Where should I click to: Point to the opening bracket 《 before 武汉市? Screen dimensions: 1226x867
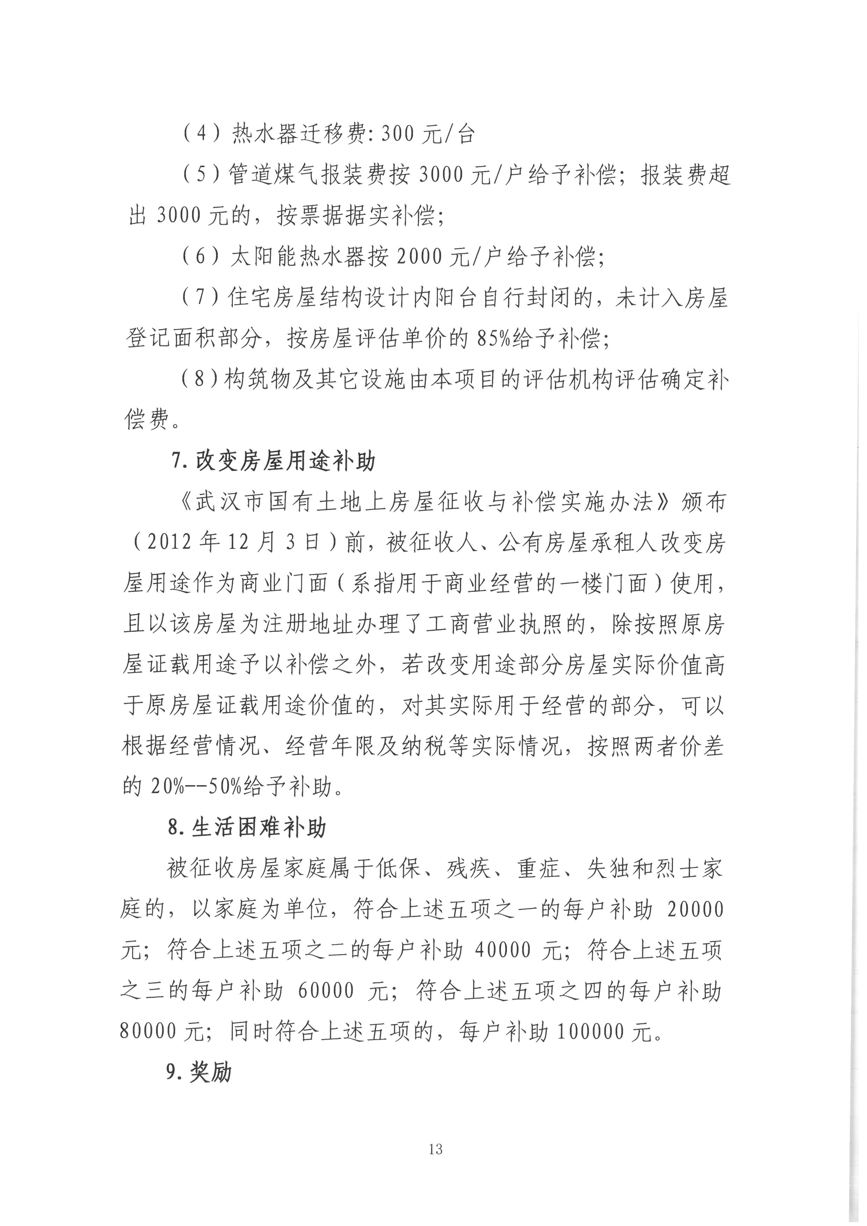[x=184, y=503]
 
